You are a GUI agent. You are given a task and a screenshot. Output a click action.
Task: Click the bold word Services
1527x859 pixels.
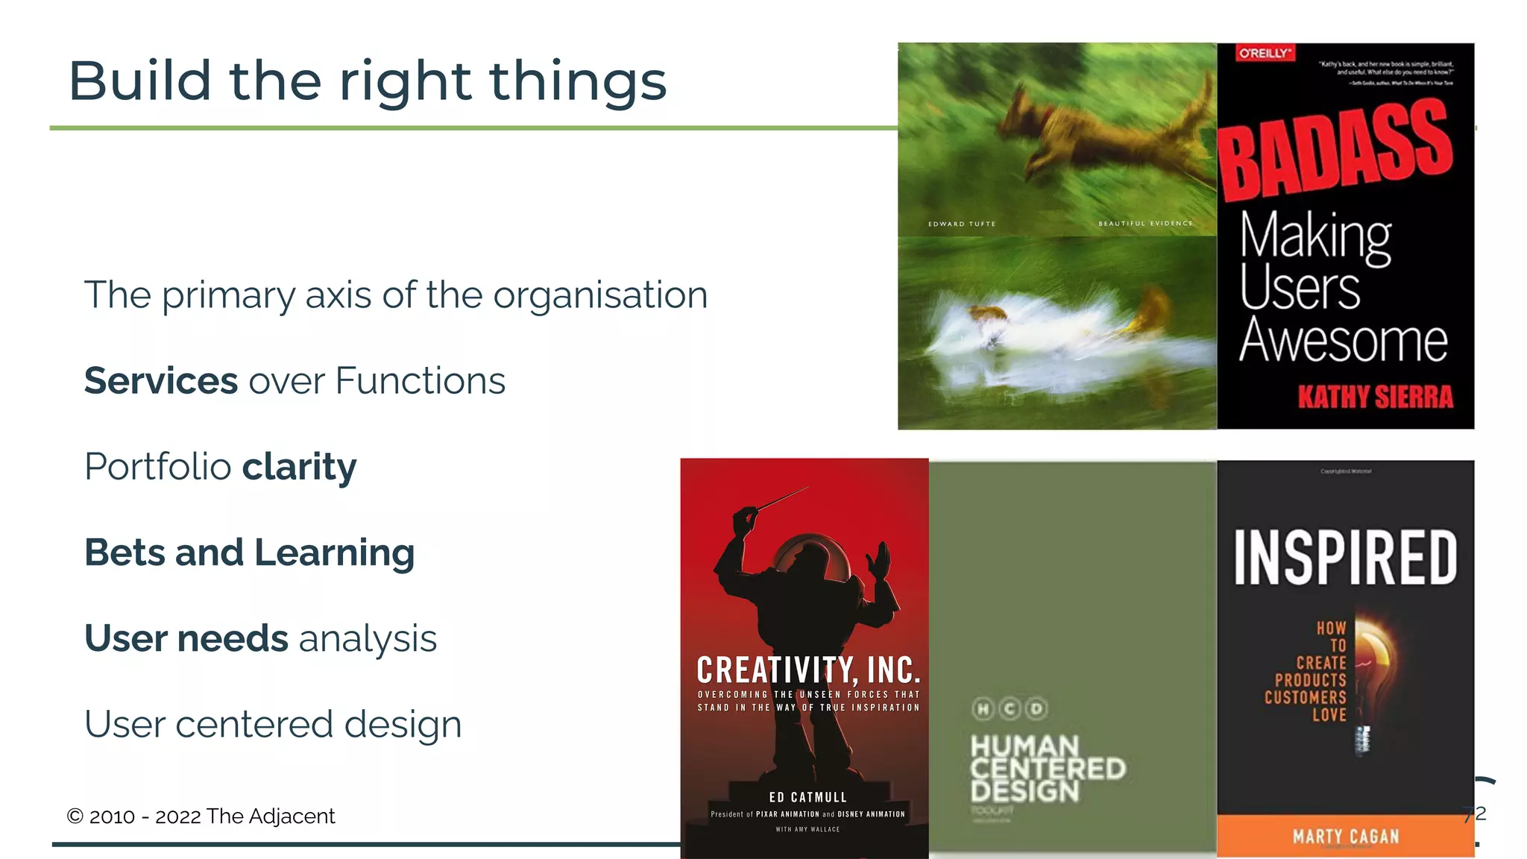tap(160, 381)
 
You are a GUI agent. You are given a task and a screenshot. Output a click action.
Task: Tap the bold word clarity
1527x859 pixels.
tap(299, 468)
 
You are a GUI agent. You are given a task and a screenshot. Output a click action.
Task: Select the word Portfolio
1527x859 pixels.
tap(158, 468)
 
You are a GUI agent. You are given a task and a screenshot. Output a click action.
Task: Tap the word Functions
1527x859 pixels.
tap(420, 381)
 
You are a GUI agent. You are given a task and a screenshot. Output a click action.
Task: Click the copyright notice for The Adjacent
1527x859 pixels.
tap(201, 816)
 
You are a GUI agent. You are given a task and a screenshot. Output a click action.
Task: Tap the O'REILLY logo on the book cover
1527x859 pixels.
tap(1265, 54)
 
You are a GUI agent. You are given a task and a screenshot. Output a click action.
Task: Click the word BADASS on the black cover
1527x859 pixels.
tap(1335, 153)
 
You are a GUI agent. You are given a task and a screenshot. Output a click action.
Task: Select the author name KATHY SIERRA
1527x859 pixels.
tap(1375, 397)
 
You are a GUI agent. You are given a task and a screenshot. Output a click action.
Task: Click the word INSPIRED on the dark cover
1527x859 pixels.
tap(1345, 557)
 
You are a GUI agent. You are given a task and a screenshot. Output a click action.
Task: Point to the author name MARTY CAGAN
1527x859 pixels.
tap(1345, 837)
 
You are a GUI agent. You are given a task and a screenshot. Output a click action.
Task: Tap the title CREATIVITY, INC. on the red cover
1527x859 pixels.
tap(808, 670)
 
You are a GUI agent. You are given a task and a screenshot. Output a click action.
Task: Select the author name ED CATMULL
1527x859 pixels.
tap(807, 797)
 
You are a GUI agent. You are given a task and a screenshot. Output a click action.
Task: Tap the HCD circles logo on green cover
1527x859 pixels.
tap(1010, 708)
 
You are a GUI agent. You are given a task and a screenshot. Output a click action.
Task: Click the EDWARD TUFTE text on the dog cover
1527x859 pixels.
tap(961, 224)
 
